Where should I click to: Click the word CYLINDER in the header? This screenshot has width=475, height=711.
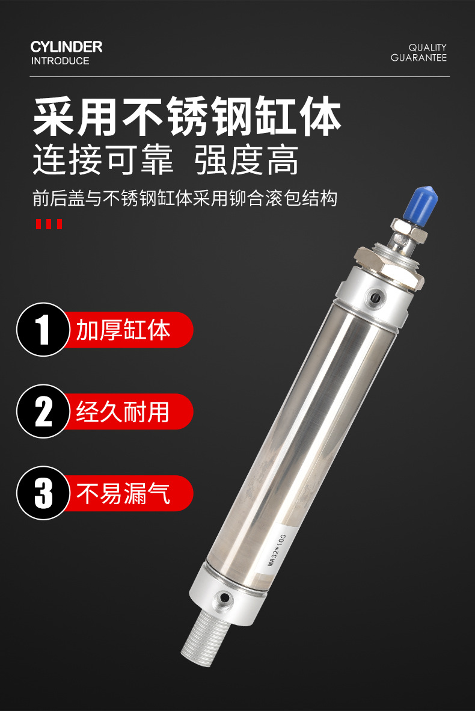66,47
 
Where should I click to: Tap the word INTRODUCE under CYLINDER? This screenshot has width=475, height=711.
60,61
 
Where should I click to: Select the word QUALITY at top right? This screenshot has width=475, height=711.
427,47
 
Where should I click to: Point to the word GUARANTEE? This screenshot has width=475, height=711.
419,58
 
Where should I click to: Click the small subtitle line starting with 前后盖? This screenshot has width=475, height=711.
185,199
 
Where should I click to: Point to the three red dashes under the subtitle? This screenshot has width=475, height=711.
49,224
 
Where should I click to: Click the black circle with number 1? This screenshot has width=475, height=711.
43,330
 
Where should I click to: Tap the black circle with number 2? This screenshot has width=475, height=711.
43,411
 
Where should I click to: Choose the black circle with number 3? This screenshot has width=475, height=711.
43,493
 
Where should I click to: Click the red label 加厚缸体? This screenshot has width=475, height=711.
123,330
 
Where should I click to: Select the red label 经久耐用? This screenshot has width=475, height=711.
123,411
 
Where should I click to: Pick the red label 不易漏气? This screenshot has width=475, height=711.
123,493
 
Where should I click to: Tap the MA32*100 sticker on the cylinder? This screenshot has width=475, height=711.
277,550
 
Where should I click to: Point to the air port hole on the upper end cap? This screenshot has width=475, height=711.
376,298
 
